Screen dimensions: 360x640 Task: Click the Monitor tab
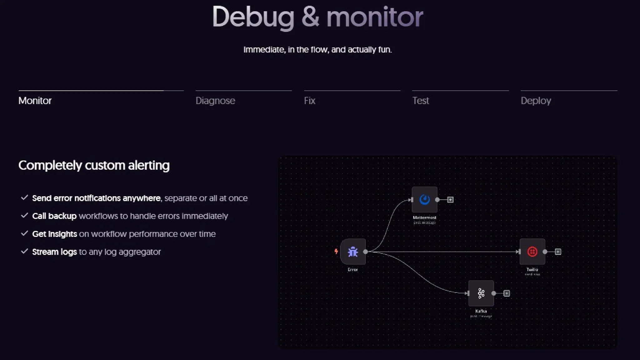click(35, 101)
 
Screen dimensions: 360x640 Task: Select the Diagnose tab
click(215, 101)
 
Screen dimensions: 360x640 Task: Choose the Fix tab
click(310, 101)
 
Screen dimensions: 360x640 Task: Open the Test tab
click(421, 101)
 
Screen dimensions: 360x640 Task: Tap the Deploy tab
click(536, 101)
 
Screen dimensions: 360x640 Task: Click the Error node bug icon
click(353, 252)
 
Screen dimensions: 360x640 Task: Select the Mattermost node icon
click(424, 199)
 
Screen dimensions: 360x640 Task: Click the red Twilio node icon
click(532, 252)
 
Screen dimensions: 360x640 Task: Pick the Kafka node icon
click(481, 293)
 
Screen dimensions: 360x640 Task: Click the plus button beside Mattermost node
click(450, 200)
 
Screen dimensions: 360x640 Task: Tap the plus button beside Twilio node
click(558, 252)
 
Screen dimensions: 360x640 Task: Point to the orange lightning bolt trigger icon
click(336, 251)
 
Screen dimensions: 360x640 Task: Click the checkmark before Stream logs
click(24, 251)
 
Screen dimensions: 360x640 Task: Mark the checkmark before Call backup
click(24, 215)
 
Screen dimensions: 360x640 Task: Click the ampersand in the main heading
click(310, 17)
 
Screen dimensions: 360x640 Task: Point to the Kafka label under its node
click(481, 311)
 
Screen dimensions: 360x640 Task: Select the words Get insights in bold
click(54, 234)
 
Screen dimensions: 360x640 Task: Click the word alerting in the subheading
click(149, 165)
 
